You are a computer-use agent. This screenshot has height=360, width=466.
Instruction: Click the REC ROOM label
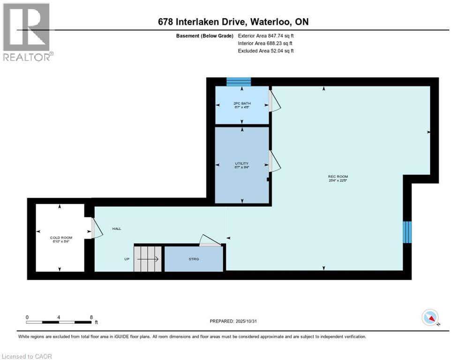338,177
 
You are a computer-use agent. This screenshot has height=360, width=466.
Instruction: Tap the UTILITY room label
241,164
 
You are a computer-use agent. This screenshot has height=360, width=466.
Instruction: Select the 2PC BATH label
241,103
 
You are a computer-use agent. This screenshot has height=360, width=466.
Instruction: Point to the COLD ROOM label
61,238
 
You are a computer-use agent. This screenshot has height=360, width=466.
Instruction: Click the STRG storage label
194,259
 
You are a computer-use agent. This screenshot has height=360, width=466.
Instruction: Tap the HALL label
117,229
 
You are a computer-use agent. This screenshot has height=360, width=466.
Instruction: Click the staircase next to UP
148,258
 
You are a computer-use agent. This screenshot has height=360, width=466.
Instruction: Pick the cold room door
96,230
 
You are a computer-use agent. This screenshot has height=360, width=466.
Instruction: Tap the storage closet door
210,240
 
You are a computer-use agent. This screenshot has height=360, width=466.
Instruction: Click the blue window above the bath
239,82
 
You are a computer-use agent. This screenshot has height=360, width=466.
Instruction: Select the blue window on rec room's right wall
407,232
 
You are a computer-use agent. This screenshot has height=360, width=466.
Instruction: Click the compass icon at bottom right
430,318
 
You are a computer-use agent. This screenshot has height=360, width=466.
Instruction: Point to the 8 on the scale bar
91,317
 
